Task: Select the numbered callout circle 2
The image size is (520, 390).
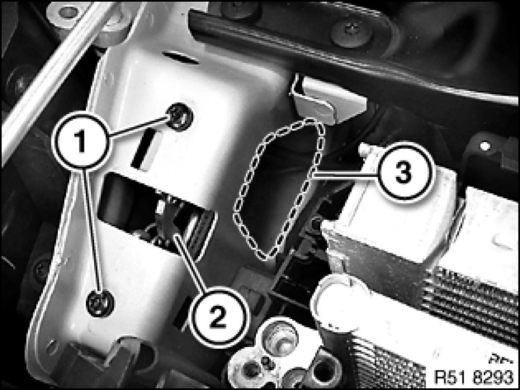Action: click(218, 317)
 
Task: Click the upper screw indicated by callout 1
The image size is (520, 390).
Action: click(181, 117)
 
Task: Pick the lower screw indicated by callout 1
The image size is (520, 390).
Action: click(100, 303)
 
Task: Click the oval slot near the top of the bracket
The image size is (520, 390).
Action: click(181, 57)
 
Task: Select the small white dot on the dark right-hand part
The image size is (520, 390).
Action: click(485, 146)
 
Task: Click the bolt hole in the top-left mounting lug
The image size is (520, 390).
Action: click(69, 12)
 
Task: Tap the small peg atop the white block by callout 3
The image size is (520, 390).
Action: click(366, 149)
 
